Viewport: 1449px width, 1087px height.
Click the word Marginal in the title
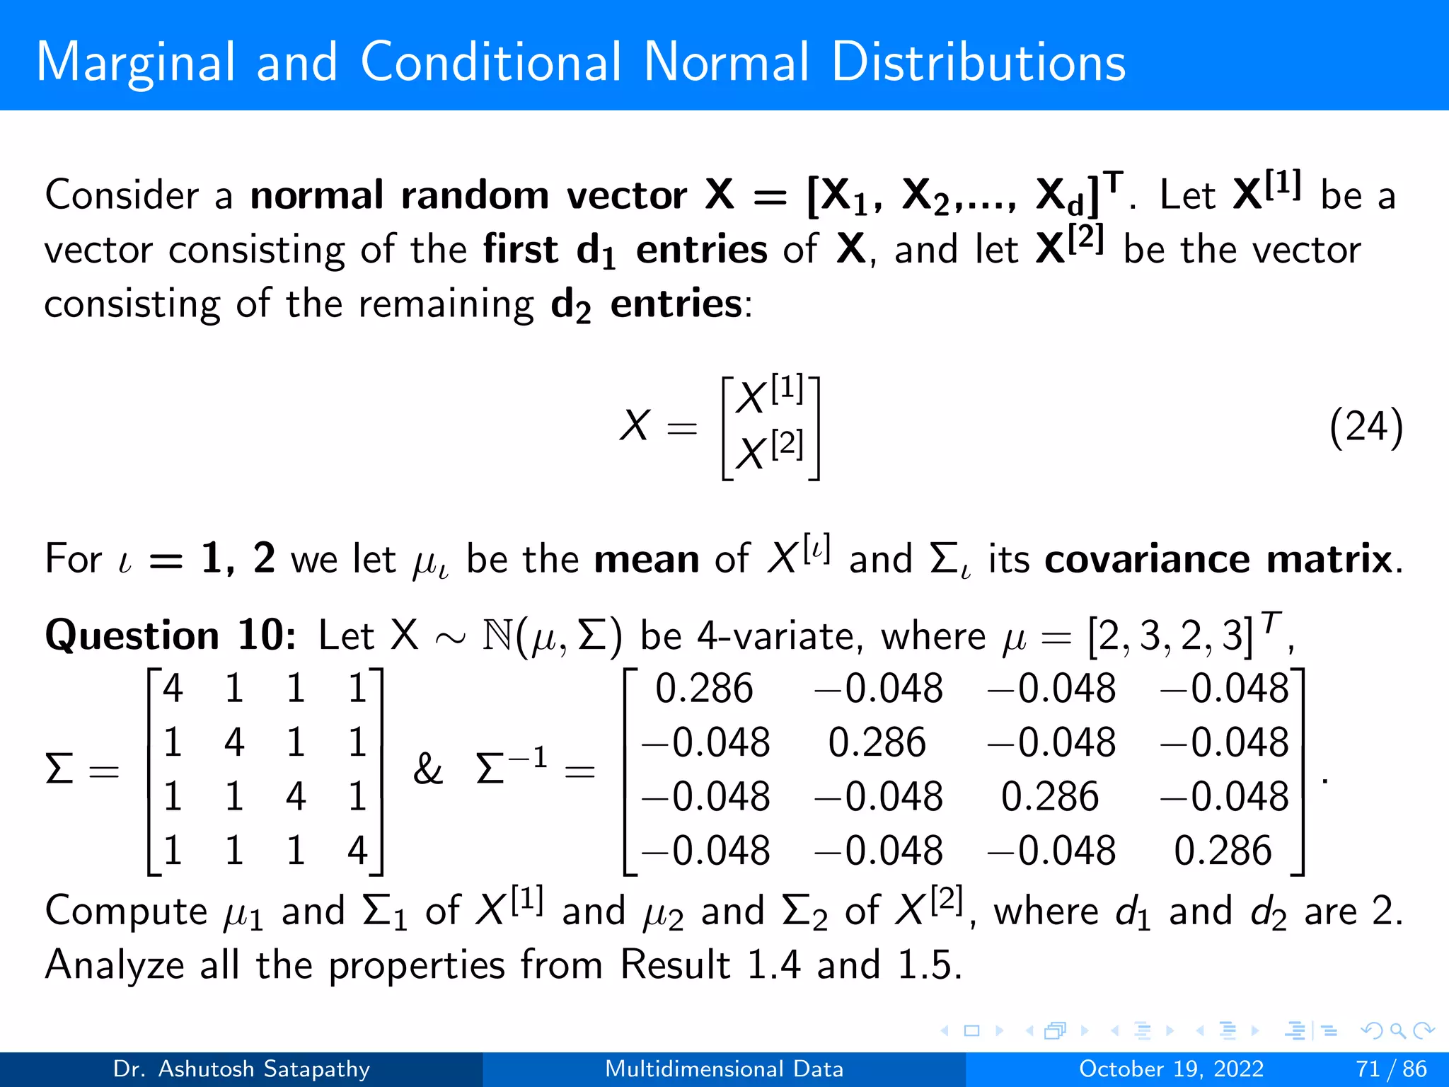[x=135, y=62]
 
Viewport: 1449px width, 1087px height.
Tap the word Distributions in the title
[x=978, y=62]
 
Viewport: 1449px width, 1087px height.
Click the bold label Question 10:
[x=171, y=635]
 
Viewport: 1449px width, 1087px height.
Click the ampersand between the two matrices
[x=427, y=769]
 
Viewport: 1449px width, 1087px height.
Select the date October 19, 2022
[x=1171, y=1069]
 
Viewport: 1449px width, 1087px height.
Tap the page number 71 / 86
[x=1391, y=1069]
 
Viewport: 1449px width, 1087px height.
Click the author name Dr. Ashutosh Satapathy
[x=241, y=1069]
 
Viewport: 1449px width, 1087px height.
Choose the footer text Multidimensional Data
[x=724, y=1069]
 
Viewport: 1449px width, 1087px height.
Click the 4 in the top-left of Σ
[x=173, y=688]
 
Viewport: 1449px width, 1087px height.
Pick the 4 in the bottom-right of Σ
[x=357, y=850]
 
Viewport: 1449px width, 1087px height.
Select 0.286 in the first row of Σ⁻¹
[x=704, y=688]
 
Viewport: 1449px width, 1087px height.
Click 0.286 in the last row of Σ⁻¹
[x=1223, y=850]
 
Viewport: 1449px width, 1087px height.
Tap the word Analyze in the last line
[x=115, y=965]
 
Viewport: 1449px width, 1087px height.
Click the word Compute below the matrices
[x=126, y=911]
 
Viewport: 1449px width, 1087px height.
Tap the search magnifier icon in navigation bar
[x=1397, y=1030]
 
